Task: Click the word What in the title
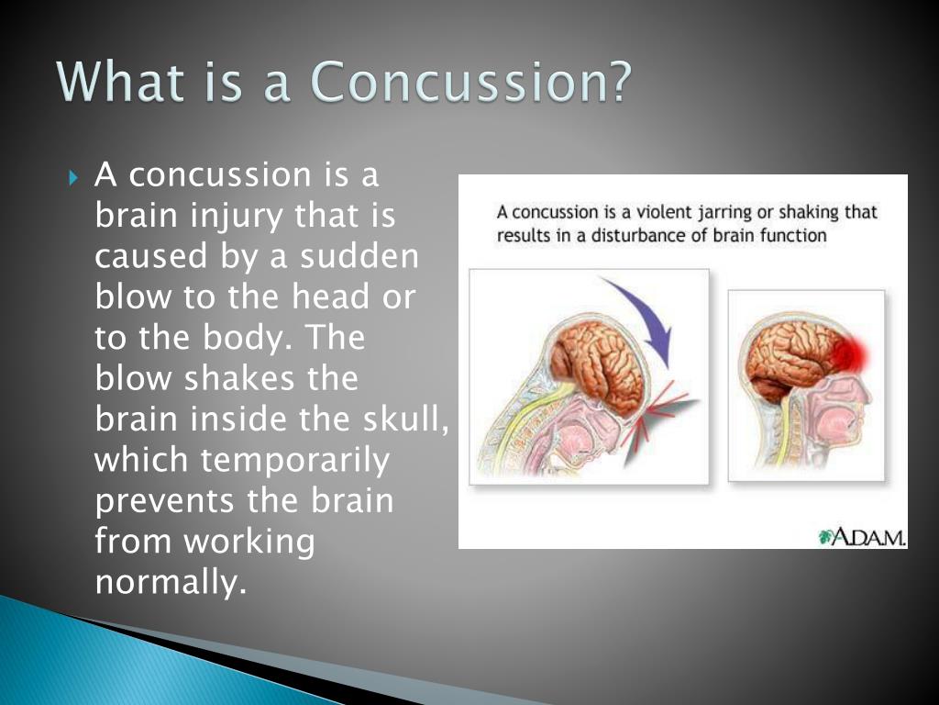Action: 121,81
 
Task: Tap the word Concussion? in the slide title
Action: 472,81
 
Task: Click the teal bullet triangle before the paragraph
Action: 73,177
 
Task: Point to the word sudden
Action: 359,257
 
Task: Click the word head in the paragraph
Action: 330,297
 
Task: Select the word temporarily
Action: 295,462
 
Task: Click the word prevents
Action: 163,501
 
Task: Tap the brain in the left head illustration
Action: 599,365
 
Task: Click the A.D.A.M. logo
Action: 861,537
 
